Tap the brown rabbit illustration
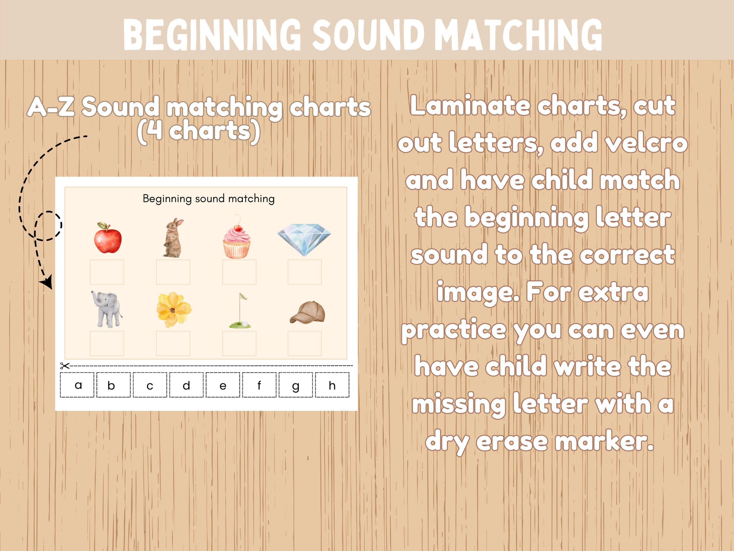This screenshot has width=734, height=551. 173,238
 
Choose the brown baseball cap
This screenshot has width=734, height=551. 308,312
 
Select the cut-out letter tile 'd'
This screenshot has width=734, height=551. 186,385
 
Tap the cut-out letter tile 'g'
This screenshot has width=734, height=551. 296,385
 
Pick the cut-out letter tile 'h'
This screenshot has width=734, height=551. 332,385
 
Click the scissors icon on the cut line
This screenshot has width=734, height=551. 65,366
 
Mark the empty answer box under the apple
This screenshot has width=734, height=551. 107,272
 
